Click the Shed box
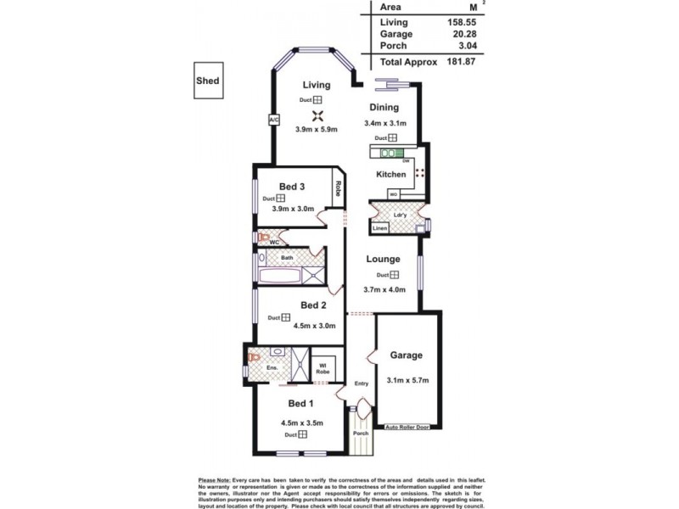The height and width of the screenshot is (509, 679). pyautogui.click(x=207, y=81)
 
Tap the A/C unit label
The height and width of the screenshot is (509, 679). pyautogui.click(x=273, y=120)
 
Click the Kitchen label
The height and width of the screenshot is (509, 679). pyautogui.click(x=391, y=174)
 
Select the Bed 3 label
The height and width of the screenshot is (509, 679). pyautogui.click(x=292, y=187)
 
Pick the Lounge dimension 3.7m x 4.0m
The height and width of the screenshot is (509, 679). pyautogui.click(x=386, y=289)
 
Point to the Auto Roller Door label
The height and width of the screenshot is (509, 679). pyautogui.click(x=408, y=428)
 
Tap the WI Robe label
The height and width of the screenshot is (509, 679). pyautogui.click(x=323, y=368)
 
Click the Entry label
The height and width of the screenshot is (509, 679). pyautogui.click(x=362, y=383)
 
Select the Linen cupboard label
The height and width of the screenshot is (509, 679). pyautogui.click(x=380, y=228)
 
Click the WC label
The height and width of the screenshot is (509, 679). pyautogui.click(x=274, y=242)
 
